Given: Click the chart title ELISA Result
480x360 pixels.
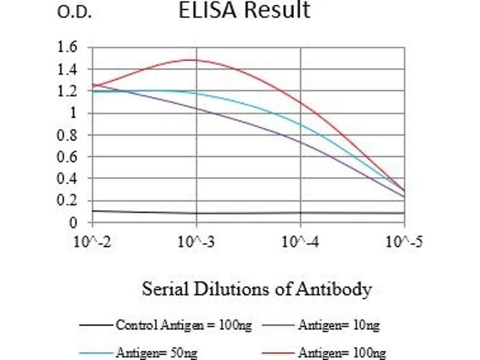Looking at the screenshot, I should [245, 10].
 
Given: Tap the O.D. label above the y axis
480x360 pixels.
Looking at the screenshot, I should [74, 13].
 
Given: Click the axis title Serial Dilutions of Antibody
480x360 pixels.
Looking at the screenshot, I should [257, 290].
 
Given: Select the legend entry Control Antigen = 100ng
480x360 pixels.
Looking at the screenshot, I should [183, 325].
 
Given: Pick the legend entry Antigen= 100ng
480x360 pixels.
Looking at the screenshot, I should [341, 353].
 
